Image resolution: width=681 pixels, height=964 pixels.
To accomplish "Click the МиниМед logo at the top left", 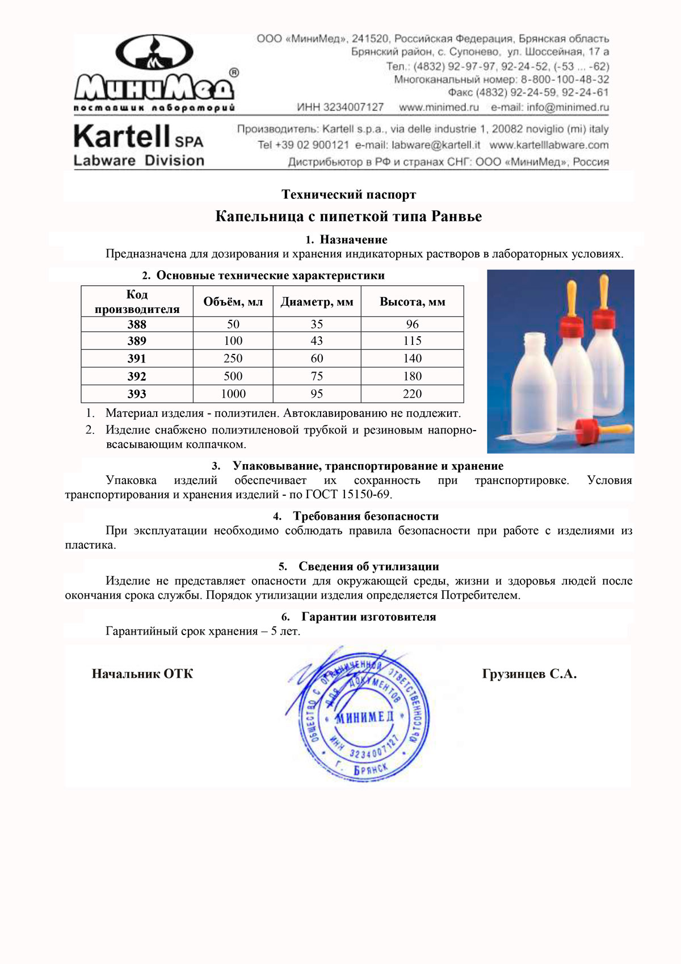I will [154, 71].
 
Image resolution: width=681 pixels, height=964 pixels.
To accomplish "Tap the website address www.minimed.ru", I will [439, 107].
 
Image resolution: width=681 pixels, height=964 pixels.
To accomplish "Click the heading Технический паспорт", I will [348, 195].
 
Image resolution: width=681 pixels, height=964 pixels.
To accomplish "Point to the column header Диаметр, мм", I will [317, 302].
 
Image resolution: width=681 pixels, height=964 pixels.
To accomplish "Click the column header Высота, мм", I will [412, 302].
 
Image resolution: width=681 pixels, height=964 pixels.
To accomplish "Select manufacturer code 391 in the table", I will [137, 358].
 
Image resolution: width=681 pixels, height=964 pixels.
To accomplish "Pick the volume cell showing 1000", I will [233, 394].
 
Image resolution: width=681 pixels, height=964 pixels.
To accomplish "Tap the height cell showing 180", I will [412, 376].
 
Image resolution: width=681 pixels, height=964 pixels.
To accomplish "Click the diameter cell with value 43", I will [317, 341].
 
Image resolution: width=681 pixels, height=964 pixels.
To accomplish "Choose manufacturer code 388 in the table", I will [137, 324].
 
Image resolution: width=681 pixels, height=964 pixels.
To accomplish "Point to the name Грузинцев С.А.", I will [529, 674].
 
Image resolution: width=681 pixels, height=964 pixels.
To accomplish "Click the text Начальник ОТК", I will [142, 674].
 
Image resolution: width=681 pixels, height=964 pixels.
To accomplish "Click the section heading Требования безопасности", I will [365, 516].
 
